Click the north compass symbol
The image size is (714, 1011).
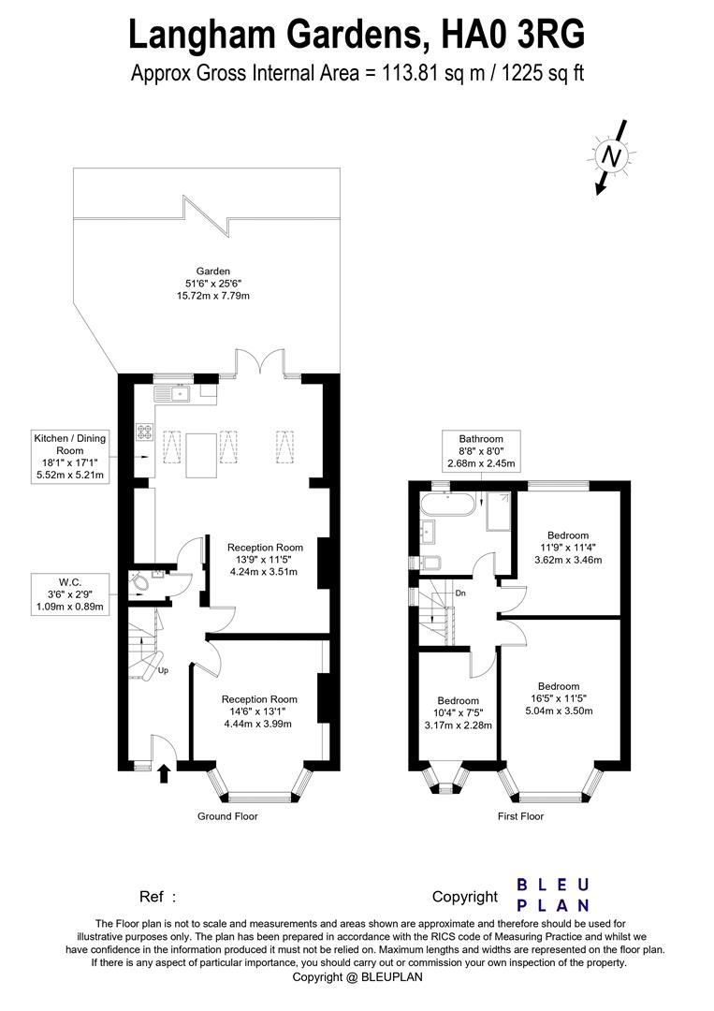(x=611, y=158)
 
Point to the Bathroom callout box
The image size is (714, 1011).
(x=481, y=451)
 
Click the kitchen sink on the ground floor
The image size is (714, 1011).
(x=180, y=394)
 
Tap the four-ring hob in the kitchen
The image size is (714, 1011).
(x=146, y=432)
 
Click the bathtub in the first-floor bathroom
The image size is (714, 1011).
(x=447, y=505)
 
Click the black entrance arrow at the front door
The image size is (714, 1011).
(x=165, y=773)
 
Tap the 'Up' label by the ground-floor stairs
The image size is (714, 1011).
(x=163, y=671)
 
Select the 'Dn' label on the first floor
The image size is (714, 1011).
(x=460, y=593)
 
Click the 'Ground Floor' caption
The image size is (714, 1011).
(x=227, y=816)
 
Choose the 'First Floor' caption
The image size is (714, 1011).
(x=520, y=816)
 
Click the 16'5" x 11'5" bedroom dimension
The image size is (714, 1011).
(x=558, y=698)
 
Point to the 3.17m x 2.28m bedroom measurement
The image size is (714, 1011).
(x=459, y=725)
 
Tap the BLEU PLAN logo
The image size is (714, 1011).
(x=554, y=894)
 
